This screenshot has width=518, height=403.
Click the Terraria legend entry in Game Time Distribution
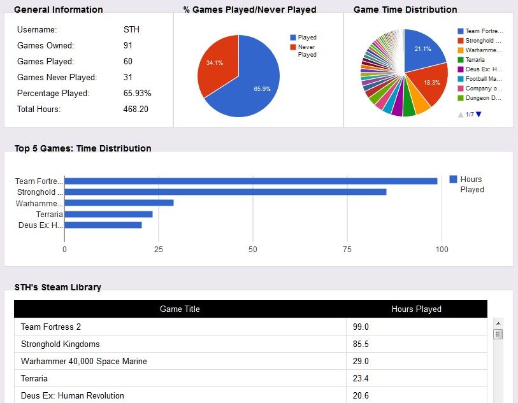[475, 59]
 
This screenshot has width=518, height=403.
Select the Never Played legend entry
[306, 50]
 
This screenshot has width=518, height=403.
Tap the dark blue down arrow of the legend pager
[478, 115]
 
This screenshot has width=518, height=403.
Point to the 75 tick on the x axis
[347, 249]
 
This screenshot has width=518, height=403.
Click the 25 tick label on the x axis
[159, 249]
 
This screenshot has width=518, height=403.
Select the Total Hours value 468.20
[135, 109]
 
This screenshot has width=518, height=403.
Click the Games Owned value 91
[128, 46]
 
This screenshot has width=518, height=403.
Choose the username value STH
[131, 30]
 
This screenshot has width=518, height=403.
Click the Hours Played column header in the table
[416, 309]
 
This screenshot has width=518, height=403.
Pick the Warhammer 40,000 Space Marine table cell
[83, 361]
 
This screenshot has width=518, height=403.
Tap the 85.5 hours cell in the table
[361, 344]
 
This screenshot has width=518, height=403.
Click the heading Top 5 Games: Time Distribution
[83, 148]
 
